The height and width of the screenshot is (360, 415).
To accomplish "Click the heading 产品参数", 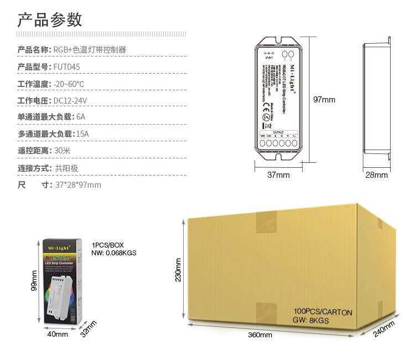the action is click(x=50, y=20).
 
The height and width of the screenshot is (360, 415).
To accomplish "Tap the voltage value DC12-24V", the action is click(x=70, y=101).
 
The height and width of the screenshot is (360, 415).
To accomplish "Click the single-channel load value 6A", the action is click(x=81, y=117).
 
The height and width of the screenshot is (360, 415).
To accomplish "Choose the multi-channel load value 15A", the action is click(x=82, y=134).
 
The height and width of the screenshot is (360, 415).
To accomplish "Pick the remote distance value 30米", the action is click(x=62, y=151).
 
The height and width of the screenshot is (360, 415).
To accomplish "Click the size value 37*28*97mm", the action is click(x=78, y=185).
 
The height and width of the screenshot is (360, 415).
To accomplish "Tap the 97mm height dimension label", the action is click(x=324, y=100).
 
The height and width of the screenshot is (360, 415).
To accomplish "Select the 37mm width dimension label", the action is click(x=278, y=175).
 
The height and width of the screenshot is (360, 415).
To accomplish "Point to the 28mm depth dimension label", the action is click(x=377, y=175).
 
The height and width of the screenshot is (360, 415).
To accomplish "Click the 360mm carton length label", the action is click(x=260, y=335).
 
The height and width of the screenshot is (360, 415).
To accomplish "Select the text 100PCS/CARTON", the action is click(x=323, y=312).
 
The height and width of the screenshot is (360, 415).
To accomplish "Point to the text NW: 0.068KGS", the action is click(x=114, y=253).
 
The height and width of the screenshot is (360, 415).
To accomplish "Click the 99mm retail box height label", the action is click(x=34, y=283).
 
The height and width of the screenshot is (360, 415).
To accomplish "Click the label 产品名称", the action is click(x=34, y=50).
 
